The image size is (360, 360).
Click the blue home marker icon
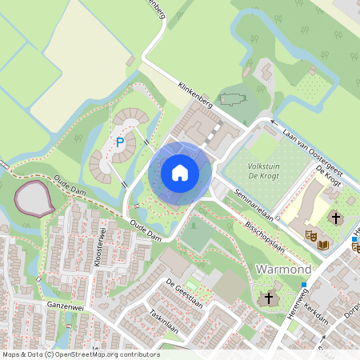179,173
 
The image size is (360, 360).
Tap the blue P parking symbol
120,142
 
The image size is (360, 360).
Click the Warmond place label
282,270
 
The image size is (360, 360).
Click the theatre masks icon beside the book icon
310,236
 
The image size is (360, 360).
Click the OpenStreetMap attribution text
80,354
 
